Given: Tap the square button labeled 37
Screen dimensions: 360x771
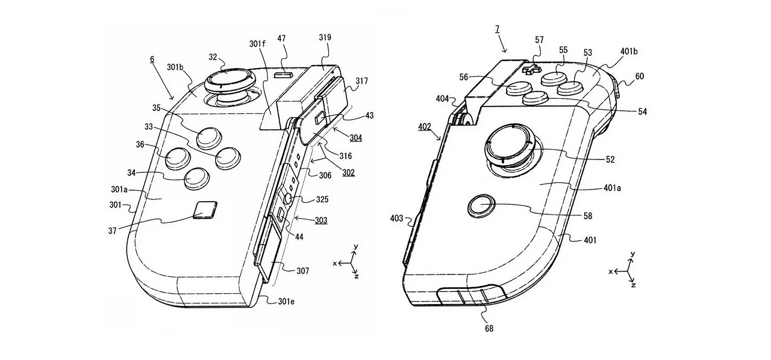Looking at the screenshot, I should (205, 211).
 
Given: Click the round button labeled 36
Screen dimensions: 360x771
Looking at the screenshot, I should (176, 157).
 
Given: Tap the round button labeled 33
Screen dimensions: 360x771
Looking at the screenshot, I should (228, 157).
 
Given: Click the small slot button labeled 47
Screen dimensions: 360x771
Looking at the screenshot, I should (283, 75).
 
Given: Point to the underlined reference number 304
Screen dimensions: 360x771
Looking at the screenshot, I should (356, 137).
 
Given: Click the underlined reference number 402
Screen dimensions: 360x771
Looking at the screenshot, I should (425, 128).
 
